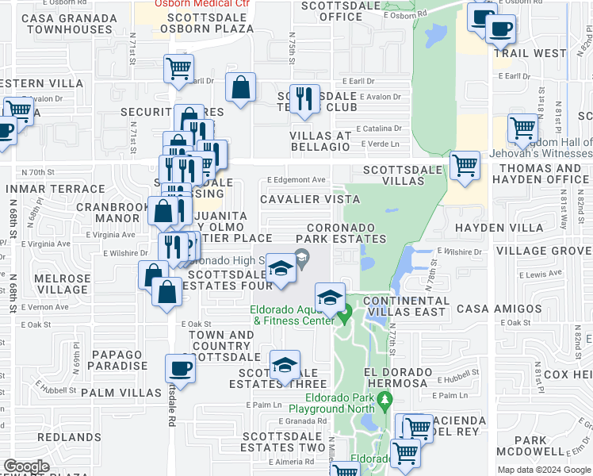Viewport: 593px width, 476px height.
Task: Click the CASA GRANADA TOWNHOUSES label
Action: coord(68,23)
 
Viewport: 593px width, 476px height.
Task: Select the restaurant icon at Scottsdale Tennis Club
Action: coord(304,98)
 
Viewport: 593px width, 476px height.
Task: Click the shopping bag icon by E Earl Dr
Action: coord(240,87)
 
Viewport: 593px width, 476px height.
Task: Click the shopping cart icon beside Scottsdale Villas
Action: coord(465,166)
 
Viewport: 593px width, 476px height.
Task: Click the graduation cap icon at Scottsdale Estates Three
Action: coord(285,366)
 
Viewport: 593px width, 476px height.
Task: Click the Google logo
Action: coord(27,466)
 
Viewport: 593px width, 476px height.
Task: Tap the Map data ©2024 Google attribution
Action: coord(544,470)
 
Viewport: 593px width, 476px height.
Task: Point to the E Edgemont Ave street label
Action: coord(297,180)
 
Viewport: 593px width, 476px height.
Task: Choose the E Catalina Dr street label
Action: coord(379,128)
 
